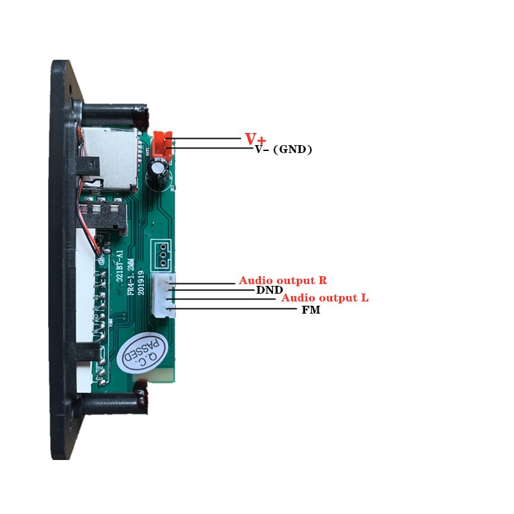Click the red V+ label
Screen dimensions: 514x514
pos(255,138)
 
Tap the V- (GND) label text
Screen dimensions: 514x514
pos(283,150)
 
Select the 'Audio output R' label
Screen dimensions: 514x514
pos(282,280)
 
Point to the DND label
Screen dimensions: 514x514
pos(269,290)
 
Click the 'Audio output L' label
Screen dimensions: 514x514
pos(325,298)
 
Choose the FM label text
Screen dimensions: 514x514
pos(311,310)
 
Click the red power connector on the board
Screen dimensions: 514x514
pos(163,143)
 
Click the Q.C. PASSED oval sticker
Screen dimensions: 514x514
pos(144,354)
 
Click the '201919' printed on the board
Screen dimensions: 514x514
pos(141,282)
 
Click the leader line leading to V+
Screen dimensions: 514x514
pos(206,138)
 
